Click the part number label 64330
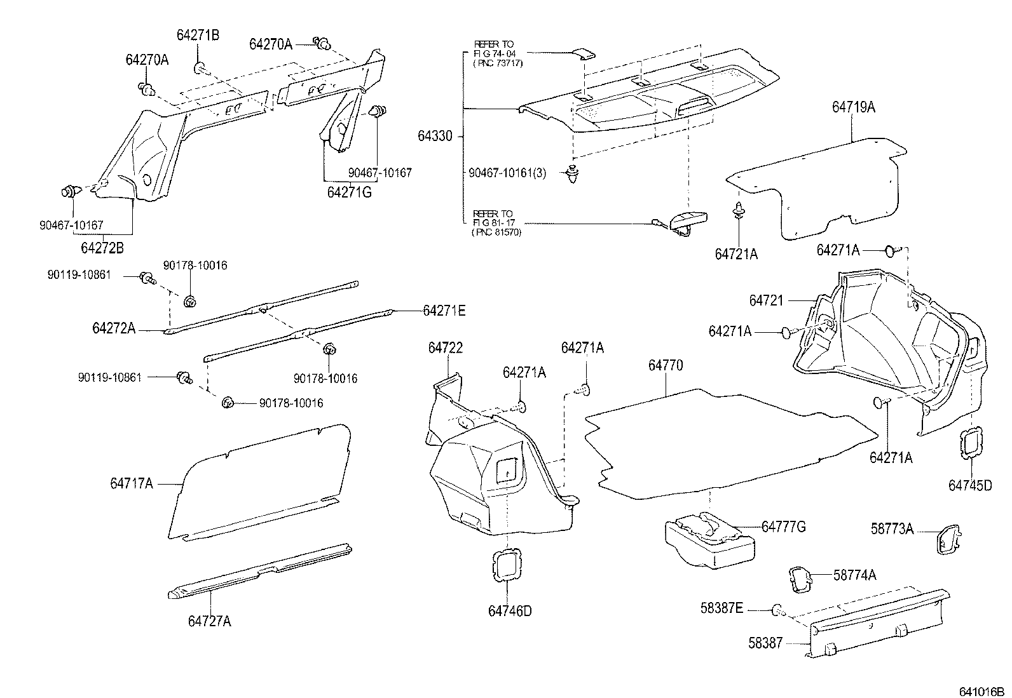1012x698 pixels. (435, 136)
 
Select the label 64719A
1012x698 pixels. (853, 107)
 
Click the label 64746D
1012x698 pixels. (510, 611)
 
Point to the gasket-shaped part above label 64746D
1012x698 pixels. (507, 563)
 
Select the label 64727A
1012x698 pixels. (209, 621)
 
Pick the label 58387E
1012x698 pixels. (721, 608)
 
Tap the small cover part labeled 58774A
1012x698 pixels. (800, 579)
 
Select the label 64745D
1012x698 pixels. (970, 485)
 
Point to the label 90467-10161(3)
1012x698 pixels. (507, 172)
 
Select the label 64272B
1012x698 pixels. (102, 248)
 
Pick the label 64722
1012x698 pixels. (445, 347)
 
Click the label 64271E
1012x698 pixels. (444, 311)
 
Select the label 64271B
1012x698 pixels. (198, 36)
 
